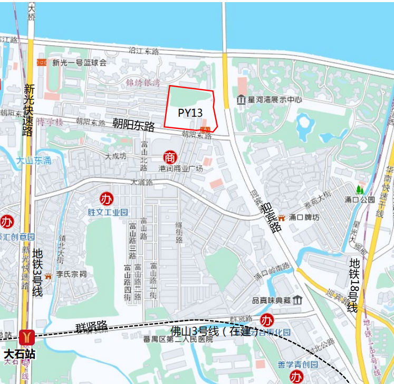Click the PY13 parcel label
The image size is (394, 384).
pyautogui.click(x=190, y=113)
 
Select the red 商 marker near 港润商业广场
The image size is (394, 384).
pyautogui.click(x=170, y=157)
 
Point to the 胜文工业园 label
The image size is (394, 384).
pyautogui.click(x=108, y=212)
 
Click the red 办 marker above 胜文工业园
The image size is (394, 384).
pyautogui.click(x=107, y=199)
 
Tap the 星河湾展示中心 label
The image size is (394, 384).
pyautogui.click(x=275, y=99)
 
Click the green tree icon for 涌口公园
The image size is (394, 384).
pyautogui.click(x=360, y=189)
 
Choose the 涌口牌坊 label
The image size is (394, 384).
pyautogui.click(x=303, y=218)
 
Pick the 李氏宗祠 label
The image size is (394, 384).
pyautogui.click(x=71, y=275)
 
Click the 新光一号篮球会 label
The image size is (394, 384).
pyautogui.click(x=79, y=62)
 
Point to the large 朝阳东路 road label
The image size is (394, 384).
pyautogui.click(x=133, y=125)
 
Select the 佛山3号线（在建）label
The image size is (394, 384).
pyautogui.click(x=210, y=332)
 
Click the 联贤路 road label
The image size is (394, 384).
pyautogui.click(x=91, y=326)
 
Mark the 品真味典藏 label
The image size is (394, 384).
pyautogui.click(x=272, y=300)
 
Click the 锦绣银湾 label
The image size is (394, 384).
pyautogui.click(x=143, y=83)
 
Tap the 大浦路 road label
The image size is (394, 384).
pyautogui.click(x=142, y=182)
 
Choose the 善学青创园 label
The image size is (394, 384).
pyautogui.click(x=298, y=365)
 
